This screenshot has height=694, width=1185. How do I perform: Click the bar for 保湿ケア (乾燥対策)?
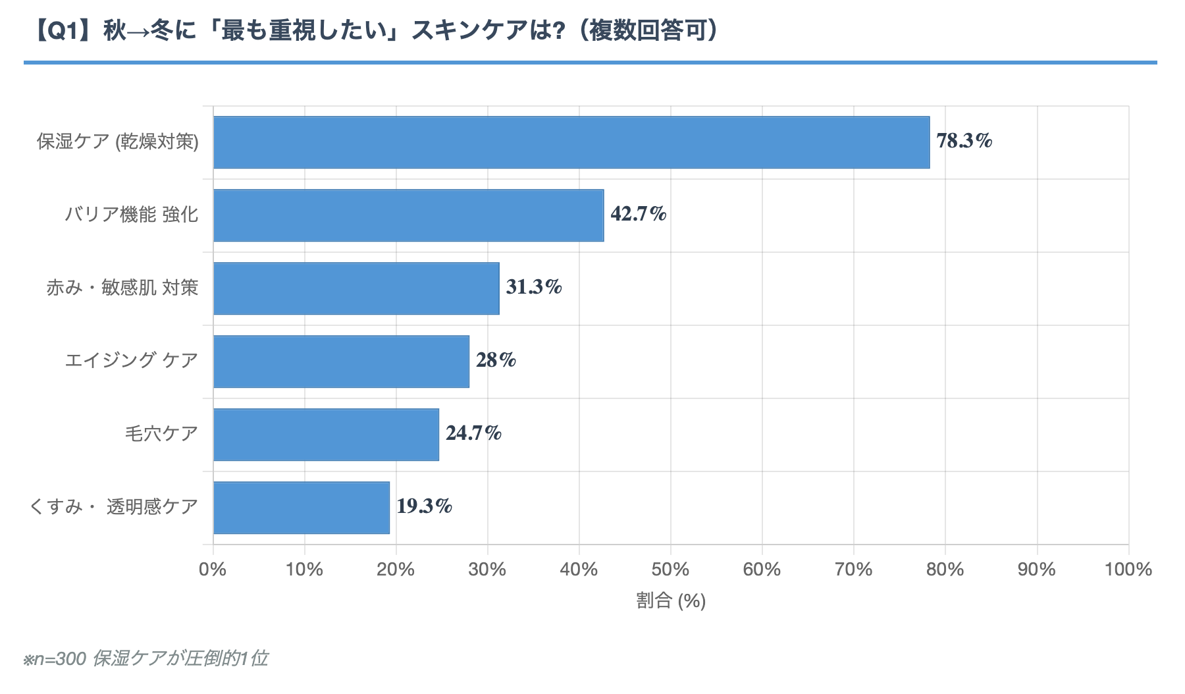[571, 142]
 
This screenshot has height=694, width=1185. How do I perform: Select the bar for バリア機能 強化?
[408, 215]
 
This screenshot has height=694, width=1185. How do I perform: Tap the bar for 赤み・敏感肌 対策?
[356, 288]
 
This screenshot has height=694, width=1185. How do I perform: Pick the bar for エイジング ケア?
[341, 361]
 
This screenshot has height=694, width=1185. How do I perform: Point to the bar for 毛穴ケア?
[326, 435]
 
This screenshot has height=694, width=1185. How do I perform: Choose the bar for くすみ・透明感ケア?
[302, 508]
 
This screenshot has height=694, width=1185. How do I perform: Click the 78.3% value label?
[964, 141]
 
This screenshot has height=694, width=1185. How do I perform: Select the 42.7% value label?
[638, 214]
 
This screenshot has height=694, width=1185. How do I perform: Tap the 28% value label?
[496, 360]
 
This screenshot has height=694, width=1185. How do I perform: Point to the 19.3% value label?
[424, 506]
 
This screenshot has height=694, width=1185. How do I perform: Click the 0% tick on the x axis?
[213, 570]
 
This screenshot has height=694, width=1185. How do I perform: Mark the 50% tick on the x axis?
[670, 570]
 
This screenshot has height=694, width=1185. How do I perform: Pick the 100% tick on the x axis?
[1128, 570]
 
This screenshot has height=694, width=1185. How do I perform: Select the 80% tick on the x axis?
[945, 570]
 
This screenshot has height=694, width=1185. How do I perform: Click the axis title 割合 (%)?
[670, 601]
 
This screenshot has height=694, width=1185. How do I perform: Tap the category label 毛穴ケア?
[161, 434]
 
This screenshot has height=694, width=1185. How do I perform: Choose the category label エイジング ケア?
[131, 361]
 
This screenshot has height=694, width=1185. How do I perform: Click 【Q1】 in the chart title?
[62, 30]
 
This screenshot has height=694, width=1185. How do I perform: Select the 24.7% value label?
[473, 433]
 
